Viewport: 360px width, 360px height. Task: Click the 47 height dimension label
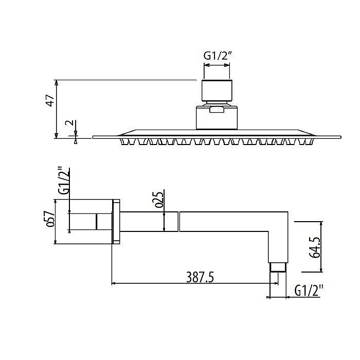[x=50, y=100]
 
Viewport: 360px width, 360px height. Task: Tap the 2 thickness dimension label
[x=69, y=122]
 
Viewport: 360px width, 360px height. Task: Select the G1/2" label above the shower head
[x=217, y=56]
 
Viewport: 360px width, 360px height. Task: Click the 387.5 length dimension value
[x=200, y=277]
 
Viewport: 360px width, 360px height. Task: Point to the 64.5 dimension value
[x=315, y=247]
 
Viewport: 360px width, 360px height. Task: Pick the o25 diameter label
[x=159, y=200]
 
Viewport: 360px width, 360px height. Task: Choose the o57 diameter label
[x=50, y=219]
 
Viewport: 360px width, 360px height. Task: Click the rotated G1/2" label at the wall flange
[x=63, y=181]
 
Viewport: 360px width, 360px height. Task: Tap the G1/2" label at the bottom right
[x=309, y=291]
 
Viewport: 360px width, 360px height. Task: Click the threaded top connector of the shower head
[x=217, y=91]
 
